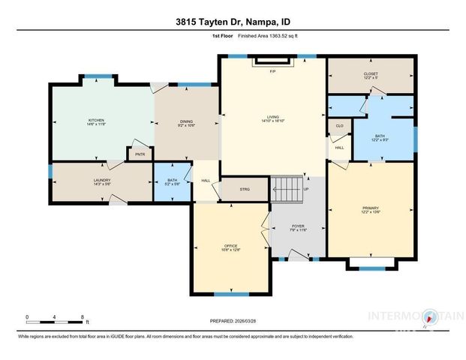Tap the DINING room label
[186, 124]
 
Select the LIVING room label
[273, 117]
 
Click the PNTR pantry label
[140, 154]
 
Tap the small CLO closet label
[339, 126]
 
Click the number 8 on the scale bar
[82, 316]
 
